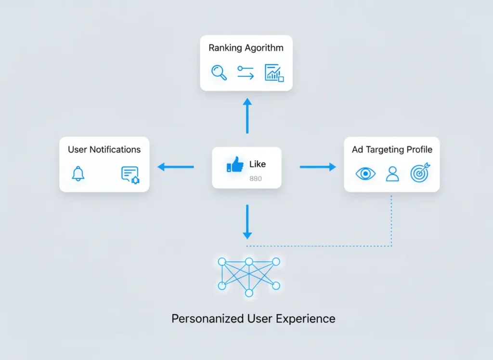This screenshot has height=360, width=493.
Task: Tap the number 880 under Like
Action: click(x=255, y=179)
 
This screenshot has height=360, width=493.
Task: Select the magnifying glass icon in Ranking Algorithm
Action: click(x=219, y=73)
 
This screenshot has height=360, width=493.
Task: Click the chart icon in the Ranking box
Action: click(x=274, y=73)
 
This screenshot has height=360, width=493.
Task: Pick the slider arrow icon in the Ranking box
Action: click(x=246, y=73)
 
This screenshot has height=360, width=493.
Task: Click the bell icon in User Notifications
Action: click(x=78, y=174)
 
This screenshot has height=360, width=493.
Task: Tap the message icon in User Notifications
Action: click(x=130, y=175)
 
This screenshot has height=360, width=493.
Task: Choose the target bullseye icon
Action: click(x=420, y=173)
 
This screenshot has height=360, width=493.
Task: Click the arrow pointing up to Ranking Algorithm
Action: click(x=247, y=116)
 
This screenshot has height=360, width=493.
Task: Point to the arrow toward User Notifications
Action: click(x=176, y=167)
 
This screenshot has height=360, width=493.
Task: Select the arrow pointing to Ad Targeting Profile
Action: click(x=318, y=167)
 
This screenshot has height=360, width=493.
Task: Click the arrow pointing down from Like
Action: click(x=247, y=222)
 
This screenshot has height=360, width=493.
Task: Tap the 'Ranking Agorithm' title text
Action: click(x=246, y=48)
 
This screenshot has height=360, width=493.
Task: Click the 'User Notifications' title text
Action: click(x=104, y=149)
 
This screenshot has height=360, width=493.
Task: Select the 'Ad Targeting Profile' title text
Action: click(x=392, y=149)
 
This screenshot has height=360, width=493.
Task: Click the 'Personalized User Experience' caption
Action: click(x=253, y=319)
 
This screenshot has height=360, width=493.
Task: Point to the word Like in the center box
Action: click(x=258, y=164)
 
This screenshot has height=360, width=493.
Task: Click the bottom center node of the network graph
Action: click(x=249, y=293)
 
